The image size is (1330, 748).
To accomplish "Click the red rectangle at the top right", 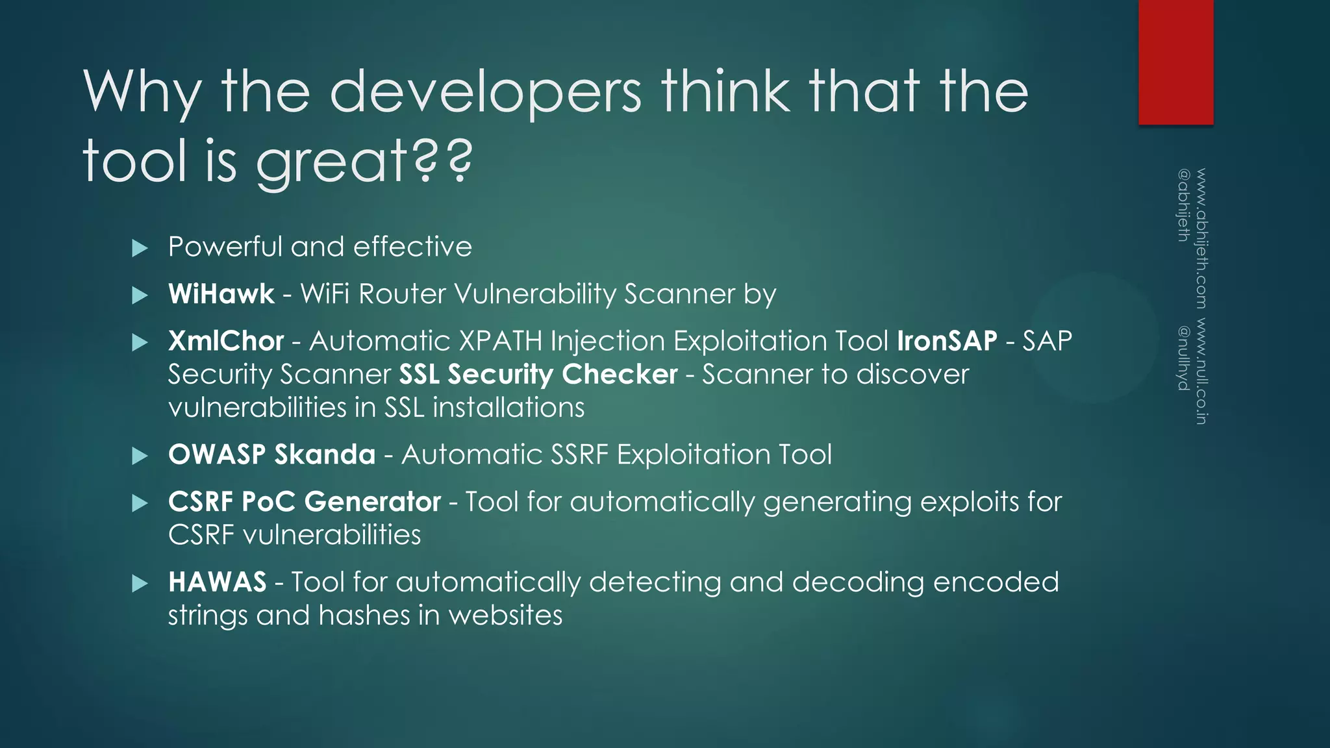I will [x=1175, y=62].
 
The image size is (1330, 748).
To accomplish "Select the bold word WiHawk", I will [x=221, y=294].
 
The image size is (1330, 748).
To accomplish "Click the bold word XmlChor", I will [x=226, y=341].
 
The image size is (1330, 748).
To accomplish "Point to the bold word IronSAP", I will [x=947, y=341].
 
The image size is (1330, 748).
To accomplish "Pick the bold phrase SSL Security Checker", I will [x=538, y=375].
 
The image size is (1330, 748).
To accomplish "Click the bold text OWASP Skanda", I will [x=271, y=455].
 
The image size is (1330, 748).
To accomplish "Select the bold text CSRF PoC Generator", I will [x=305, y=502].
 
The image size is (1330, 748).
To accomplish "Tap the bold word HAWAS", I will [x=218, y=582].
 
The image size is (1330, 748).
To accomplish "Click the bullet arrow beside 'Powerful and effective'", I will [x=140, y=248].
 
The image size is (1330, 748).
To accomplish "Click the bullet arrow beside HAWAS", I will [x=140, y=583].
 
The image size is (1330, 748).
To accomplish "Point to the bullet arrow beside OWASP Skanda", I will [x=140, y=456].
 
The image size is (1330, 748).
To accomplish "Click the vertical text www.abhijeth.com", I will [x=1201, y=238].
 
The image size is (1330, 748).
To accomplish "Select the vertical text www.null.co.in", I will [x=1201, y=371].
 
